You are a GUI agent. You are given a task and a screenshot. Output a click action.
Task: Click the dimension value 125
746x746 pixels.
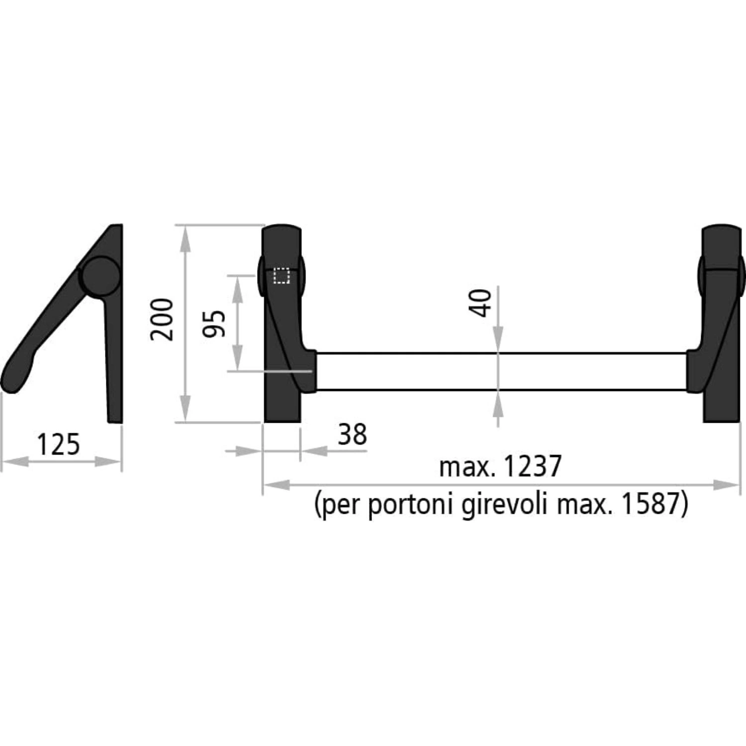click(58, 444)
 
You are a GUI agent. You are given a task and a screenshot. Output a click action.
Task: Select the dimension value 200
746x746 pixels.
click(163, 319)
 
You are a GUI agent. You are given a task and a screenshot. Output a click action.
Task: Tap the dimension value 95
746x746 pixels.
click(214, 323)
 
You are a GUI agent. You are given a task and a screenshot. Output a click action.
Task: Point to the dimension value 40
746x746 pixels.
click(481, 302)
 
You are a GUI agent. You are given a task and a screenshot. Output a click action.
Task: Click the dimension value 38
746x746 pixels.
click(352, 434)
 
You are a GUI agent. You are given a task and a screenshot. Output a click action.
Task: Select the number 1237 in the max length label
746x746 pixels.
click(532, 466)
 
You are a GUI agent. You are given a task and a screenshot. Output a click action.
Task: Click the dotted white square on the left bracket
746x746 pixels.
click(281, 276)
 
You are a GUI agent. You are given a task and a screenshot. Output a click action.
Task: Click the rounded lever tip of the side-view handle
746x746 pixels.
click(15, 378)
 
